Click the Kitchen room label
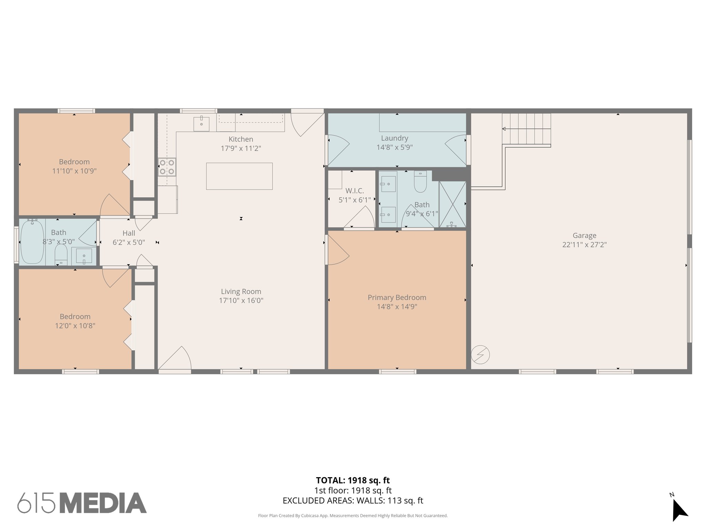coord(241,139)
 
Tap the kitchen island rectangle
coord(239,176)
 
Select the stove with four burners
coord(167,167)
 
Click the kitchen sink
coord(201,124)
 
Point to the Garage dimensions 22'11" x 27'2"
coord(584,245)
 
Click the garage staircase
coord(526,129)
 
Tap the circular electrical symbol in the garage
coord(480,354)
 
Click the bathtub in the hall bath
coord(32,242)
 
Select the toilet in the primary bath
coord(420,181)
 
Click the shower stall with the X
coord(452,204)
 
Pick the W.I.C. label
coord(354,191)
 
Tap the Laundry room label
coord(394,138)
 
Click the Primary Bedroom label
coord(397,297)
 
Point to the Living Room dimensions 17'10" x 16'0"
coord(241,300)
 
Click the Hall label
coord(129,233)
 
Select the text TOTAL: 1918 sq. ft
coord(353,480)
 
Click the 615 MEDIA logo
coord(82,503)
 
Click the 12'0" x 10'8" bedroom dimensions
coord(75,325)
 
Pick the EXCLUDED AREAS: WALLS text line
coord(353,500)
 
